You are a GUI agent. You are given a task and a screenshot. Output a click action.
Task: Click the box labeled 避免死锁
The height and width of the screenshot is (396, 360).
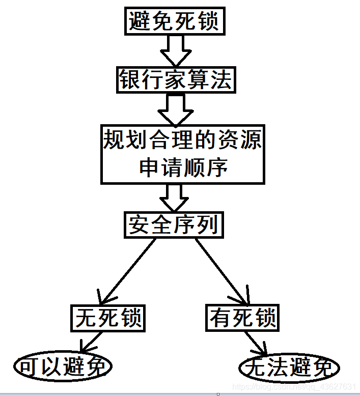pyautogui.click(x=174, y=22)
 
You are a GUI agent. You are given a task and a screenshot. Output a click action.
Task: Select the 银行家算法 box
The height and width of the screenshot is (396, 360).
pyautogui.click(x=176, y=80)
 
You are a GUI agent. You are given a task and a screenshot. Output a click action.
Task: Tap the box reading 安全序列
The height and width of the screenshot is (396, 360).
pyautogui.click(x=174, y=224)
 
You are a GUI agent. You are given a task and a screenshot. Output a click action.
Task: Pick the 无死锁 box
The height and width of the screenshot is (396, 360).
pyautogui.click(x=108, y=318)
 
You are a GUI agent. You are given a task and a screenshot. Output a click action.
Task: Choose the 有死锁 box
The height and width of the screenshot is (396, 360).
pyautogui.click(x=243, y=318)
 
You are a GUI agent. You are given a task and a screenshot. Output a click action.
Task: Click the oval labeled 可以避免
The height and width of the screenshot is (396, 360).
pyautogui.click(x=63, y=366)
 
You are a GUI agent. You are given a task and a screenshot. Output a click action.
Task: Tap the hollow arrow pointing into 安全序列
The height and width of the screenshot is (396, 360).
pyautogui.click(x=174, y=197)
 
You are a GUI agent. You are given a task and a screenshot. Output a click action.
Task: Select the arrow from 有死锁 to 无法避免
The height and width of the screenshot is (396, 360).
pyautogui.click(x=255, y=344)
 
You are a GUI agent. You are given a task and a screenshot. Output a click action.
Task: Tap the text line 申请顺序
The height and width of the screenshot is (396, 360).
pyautogui.click(x=183, y=167)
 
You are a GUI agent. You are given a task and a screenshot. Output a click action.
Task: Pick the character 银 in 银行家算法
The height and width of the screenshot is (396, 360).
pyautogui.click(x=130, y=80)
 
